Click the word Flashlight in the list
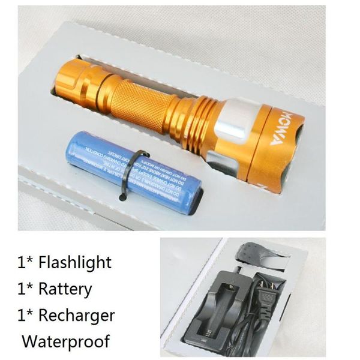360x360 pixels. click(74, 262)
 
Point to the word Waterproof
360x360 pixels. click(66, 341)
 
